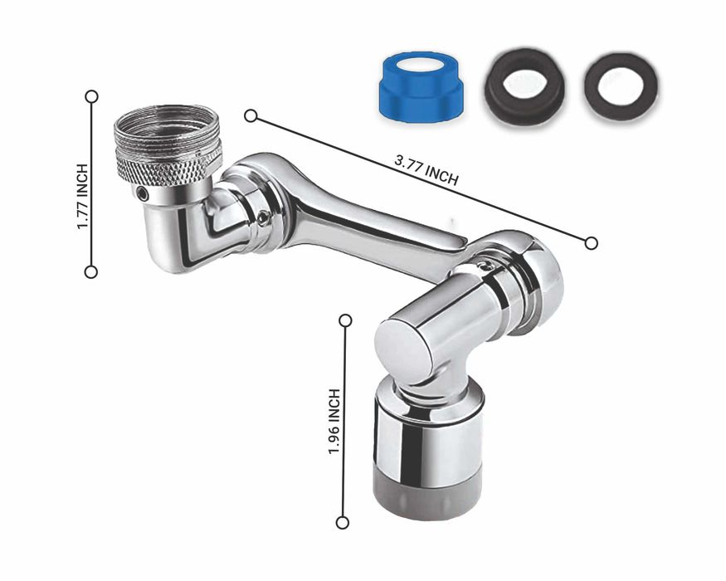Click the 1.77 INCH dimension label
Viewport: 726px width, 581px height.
click(x=82, y=197)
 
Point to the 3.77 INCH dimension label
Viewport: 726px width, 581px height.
click(x=426, y=170)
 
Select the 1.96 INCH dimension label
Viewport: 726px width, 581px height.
click(x=334, y=422)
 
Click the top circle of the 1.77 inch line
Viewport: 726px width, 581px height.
click(x=91, y=96)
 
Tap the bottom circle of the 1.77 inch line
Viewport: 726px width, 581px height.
click(x=91, y=272)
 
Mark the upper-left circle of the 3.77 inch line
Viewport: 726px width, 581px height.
click(x=251, y=116)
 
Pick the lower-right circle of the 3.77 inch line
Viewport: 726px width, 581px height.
click(x=592, y=243)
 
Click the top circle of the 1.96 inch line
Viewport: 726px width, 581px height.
click(x=345, y=320)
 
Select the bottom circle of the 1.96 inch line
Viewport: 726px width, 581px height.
click(x=343, y=523)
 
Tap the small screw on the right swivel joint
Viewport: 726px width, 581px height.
click(x=486, y=266)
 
